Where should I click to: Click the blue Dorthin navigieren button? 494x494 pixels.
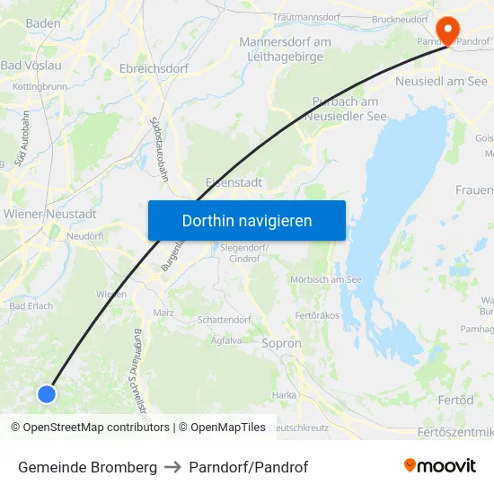pos(247,220)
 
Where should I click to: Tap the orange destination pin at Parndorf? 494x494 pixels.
pos(445,21)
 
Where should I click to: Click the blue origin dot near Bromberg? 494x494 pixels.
pos(47,393)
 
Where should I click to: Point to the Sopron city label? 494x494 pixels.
pos(281,343)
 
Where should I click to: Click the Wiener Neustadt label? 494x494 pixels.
pos(50,214)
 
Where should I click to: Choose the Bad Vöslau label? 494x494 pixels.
pos(31,66)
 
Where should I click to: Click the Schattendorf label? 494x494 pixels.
pos(225,319)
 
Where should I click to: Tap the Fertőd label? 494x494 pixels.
pos(457,400)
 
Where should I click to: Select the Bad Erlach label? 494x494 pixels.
pos(31,305)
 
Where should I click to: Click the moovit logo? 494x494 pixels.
pos(439,465)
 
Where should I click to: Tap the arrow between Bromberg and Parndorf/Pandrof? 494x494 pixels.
pos(173,467)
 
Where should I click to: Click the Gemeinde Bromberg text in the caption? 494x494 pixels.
pos(87,467)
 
